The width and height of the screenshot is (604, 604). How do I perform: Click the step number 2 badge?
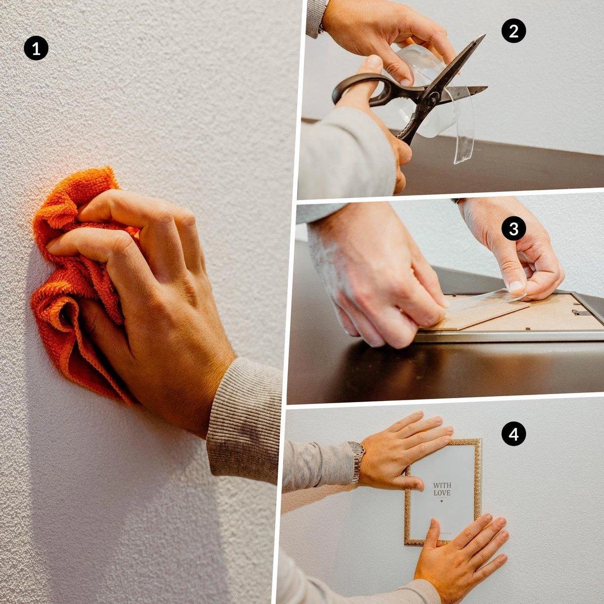[513, 31]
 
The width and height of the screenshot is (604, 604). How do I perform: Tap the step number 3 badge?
[513, 229]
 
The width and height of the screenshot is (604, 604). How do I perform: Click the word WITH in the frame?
[442, 485]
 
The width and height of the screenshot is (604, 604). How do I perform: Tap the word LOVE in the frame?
[442, 493]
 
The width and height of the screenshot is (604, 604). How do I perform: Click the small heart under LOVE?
[442, 501]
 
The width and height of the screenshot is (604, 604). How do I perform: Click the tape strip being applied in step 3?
[483, 301]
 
